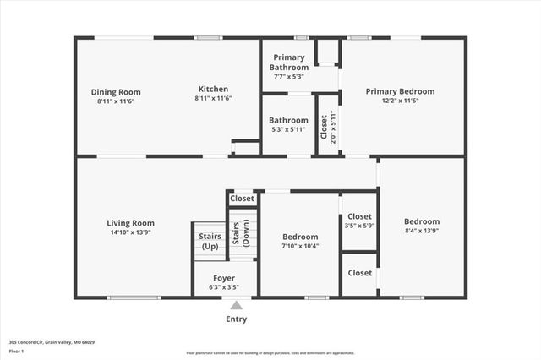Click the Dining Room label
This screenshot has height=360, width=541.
(x=116, y=92)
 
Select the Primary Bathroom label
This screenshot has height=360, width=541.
(x=288, y=63)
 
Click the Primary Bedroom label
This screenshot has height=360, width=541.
(x=400, y=91)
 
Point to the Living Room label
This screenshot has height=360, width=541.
(x=130, y=223)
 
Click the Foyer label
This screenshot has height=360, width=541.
(x=223, y=278)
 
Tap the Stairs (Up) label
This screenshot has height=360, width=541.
(x=210, y=242)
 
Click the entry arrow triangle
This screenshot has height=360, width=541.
(x=237, y=305)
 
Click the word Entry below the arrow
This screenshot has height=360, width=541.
(x=237, y=319)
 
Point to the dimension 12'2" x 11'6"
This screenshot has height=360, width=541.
(x=400, y=101)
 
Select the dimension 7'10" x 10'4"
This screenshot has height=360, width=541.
(x=300, y=246)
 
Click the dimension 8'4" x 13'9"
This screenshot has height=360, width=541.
(x=421, y=231)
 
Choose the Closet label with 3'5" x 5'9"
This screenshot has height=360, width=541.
(x=359, y=217)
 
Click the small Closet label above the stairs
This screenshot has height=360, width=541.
(x=242, y=199)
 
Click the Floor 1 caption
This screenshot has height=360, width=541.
(x=16, y=350)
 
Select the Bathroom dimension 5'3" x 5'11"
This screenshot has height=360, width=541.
(x=289, y=129)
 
